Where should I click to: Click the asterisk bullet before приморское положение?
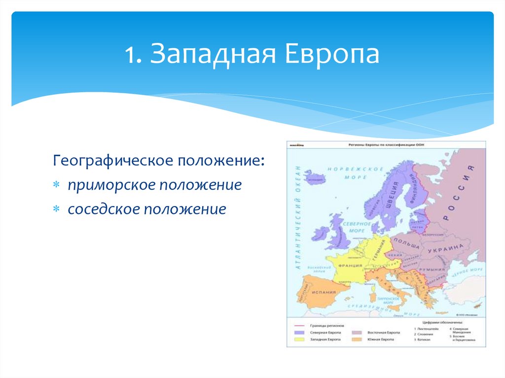click(57, 185)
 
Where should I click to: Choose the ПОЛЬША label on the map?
click(407, 244)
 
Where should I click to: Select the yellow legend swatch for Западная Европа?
click(299, 340)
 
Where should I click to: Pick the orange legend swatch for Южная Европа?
click(358, 340)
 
